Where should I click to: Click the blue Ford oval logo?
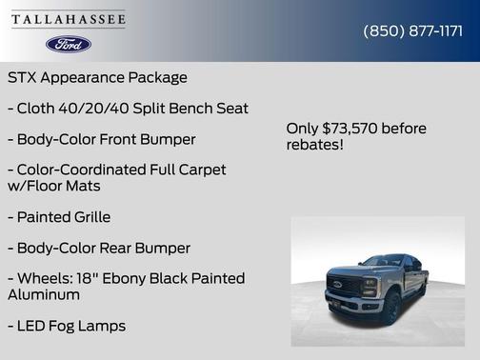[69, 44]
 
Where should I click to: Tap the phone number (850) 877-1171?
[412, 30]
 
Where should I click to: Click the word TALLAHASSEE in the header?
[69, 19]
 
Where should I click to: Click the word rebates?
[314, 145]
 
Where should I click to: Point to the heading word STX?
[24, 77]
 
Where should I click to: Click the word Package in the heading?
[157, 77]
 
